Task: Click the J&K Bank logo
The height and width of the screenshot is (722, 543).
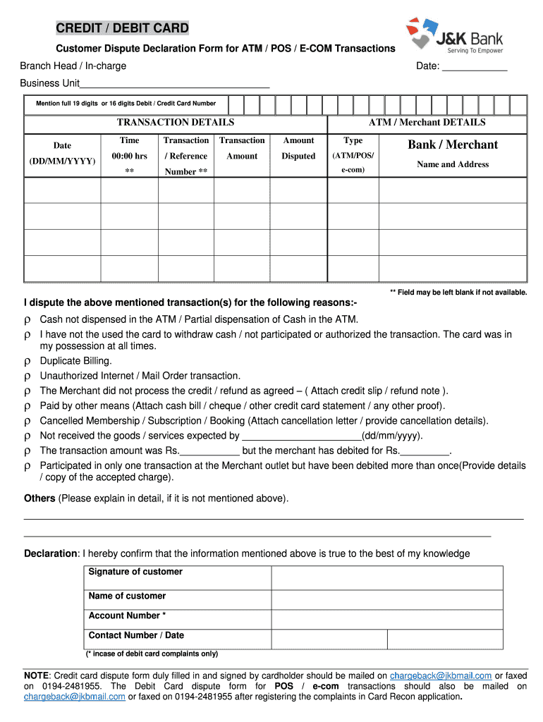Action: [x=454, y=37]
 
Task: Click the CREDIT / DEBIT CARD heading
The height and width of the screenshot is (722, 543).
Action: [x=123, y=28]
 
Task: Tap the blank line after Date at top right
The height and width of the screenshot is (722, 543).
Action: [x=475, y=66]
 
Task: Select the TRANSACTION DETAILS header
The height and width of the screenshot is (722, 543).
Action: [x=176, y=122]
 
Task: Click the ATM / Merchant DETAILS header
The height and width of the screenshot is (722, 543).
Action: [x=427, y=122]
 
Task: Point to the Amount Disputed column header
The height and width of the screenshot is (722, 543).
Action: [x=298, y=148]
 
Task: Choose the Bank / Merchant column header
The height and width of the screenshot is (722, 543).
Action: [x=452, y=145]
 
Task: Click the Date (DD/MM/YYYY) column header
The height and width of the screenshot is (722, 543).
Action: [x=62, y=153]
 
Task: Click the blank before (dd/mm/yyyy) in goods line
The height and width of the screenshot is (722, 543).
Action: [x=301, y=436]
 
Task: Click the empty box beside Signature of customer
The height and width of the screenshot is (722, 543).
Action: [x=386, y=577]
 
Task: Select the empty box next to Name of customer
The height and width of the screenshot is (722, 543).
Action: [x=386, y=600]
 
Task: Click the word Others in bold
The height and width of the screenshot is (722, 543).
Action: [x=39, y=498]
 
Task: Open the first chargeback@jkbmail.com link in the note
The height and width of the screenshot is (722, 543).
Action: [x=441, y=675]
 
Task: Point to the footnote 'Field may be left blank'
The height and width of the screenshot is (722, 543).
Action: [x=458, y=292]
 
